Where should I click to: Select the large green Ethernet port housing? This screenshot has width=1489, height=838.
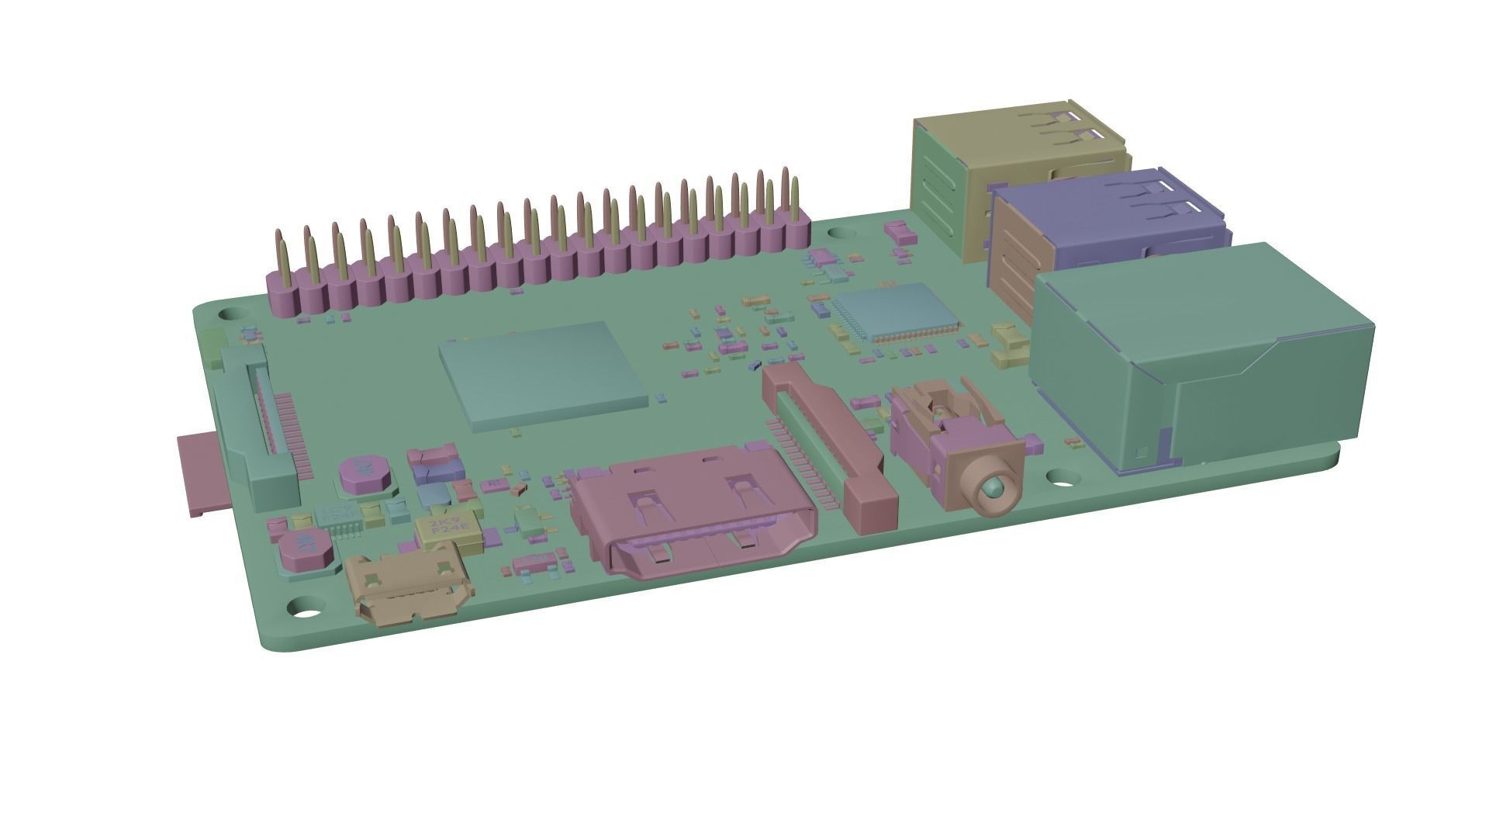click(1202, 357)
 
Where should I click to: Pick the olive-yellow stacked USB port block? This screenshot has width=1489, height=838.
click(1016, 147)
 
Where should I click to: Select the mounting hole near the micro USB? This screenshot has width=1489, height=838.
click(308, 608)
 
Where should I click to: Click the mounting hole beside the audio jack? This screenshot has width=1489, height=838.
click(1059, 476)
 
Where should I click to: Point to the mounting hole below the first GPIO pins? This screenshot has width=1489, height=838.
click(230, 315)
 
